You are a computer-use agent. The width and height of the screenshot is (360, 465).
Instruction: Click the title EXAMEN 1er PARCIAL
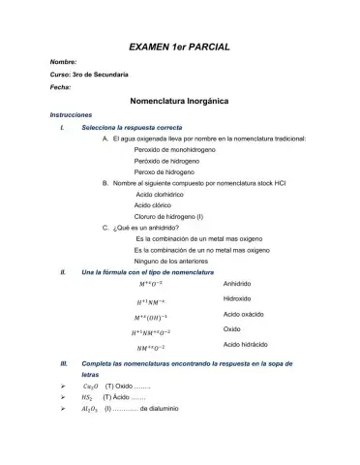coord(179,46)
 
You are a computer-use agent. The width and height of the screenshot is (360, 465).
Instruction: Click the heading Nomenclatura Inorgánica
coord(179,101)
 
